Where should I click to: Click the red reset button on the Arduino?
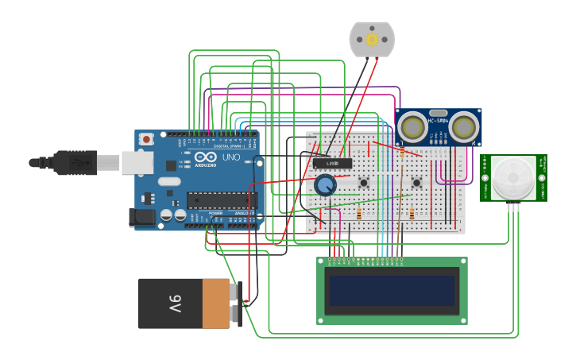tap(146, 139)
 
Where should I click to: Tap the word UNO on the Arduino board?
tap(230, 157)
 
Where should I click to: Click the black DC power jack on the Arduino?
tap(142, 216)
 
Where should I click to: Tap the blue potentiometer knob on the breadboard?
tap(325, 185)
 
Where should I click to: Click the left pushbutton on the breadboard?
tap(364, 184)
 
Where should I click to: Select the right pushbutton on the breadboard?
tap(416, 184)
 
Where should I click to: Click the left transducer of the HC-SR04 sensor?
tap(412, 126)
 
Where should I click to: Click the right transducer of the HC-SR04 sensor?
tap(464, 126)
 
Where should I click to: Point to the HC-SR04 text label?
tap(439, 121)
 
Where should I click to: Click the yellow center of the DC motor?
tap(371, 40)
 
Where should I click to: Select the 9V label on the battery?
tap(174, 304)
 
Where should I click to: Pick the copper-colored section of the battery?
tap(216, 303)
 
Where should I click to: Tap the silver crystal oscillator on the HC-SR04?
tap(438, 112)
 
